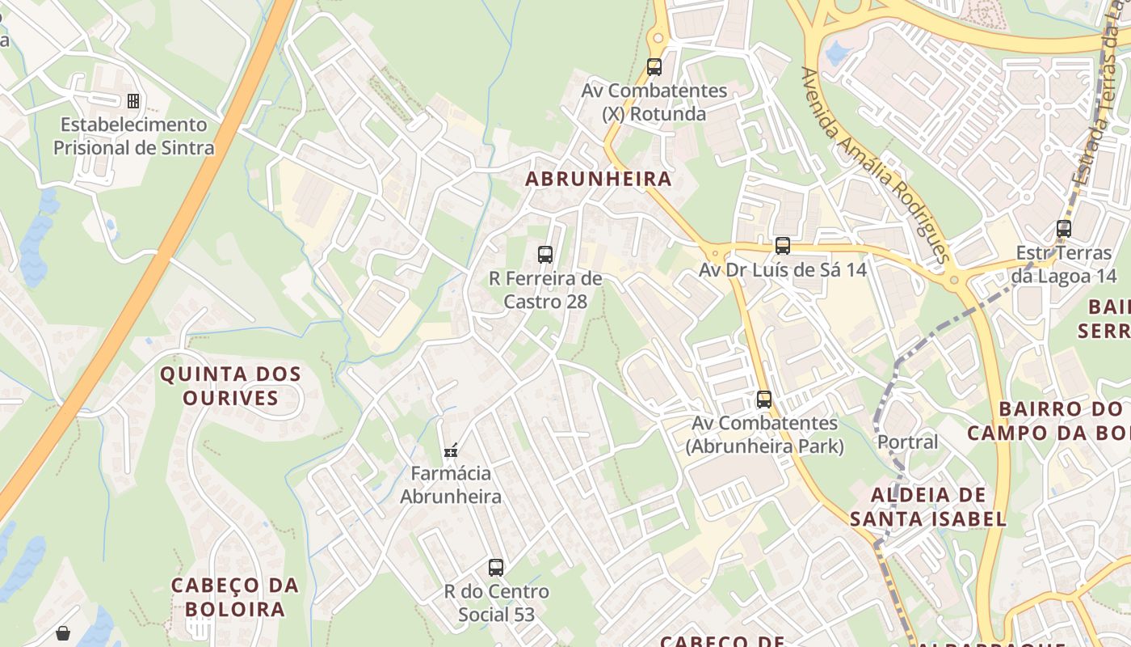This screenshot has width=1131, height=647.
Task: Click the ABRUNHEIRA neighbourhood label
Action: pyautogui.click(x=599, y=179)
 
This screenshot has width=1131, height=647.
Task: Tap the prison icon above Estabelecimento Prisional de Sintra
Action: pyautogui.click(x=133, y=101)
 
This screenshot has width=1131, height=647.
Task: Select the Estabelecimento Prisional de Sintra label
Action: pyautogui.click(x=134, y=137)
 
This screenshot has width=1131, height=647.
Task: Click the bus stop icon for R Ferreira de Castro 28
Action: pyautogui.click(x=545, y=255)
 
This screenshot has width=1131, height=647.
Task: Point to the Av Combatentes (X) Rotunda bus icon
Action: pyautogui.click(x=654, y=67)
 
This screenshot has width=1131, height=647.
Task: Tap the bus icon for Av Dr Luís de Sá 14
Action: pyautogui.click(x=782, y=246)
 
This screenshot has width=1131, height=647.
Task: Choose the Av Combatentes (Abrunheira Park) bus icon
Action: pyautogui.click(x=763, y=399)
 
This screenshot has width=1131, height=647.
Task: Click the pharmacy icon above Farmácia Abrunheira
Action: pyautogui.click(x=451, y=450)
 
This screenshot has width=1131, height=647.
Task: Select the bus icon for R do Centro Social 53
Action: pyautogui.click(x=496, y=568)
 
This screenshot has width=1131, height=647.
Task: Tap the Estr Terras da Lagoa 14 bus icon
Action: pyautogui.click(x=1064, y=229)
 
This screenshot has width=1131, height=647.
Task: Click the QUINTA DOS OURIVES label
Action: pyautogui.click(x=230, y=386)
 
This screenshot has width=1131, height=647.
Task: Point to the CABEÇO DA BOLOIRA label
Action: pyautogui.click(x=235, y=597)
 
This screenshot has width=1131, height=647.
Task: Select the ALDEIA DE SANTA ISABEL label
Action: pyautogui.click(x=928, y=507)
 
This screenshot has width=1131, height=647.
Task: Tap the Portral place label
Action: pyautogui.click(x=908, y=442)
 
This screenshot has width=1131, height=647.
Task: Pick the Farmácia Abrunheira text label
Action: pyautogui.click(x=451, y=484)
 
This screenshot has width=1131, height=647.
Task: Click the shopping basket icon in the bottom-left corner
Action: pyautogui.click(x=63, y=632)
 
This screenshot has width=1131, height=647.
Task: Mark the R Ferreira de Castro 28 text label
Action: pyautogui.click(x=545, y=290)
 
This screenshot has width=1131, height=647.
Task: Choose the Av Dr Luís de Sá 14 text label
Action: pyautogui.click(x=782, y=270)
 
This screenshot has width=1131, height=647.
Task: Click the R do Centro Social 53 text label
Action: pyautogui.click(x=496, y=603)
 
